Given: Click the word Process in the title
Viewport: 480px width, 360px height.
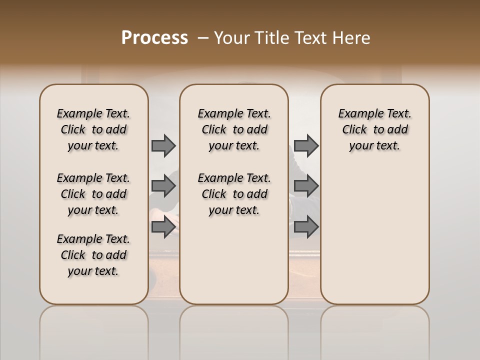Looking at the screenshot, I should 154,38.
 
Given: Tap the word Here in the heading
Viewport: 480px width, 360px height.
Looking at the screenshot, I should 352,38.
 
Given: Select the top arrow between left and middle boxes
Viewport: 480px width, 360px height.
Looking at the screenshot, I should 163,146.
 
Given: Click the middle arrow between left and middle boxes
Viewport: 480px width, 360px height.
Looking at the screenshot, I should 163,186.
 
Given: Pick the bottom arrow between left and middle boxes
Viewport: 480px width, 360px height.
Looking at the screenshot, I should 163,226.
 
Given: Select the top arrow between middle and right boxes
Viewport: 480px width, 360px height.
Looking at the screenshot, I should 306,146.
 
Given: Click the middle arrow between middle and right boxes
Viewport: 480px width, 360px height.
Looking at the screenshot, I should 306,186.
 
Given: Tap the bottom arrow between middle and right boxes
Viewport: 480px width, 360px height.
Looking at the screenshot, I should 306,226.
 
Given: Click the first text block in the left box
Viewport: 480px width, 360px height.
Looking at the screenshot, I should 93,129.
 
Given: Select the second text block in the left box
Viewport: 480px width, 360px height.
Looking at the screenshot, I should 93,194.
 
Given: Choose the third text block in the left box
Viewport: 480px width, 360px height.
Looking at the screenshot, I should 93,255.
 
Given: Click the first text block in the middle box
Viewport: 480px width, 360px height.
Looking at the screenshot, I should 234,129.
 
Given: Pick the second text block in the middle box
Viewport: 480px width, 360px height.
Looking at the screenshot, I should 234,194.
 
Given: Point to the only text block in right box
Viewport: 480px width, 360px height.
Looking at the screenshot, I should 374,129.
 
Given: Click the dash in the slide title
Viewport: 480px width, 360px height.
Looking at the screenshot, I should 203,38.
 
